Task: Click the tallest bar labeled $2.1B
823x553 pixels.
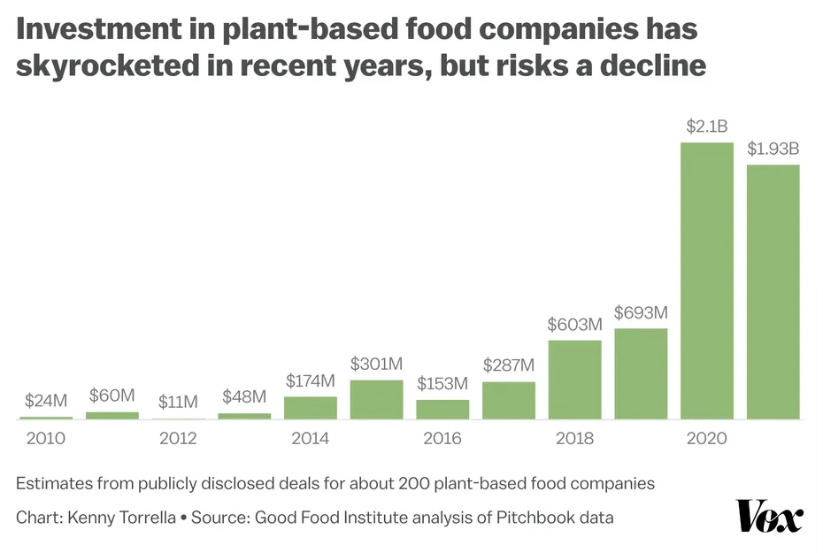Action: point(707,280)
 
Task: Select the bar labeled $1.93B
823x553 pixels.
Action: point(773,292)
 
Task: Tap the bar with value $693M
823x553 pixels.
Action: point(641,373)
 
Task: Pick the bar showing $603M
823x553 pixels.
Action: point(575,380)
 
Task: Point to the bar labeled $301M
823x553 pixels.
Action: point(376,399)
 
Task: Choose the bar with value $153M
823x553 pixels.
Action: point(442,409)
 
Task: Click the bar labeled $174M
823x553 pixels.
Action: point(311,408)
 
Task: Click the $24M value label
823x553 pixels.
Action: point(46,400)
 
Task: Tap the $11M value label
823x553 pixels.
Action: point(178,402)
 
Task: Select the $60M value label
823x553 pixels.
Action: point(112,395)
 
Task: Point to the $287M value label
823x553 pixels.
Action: point(509,365)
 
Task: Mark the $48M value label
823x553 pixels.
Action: point(244,396)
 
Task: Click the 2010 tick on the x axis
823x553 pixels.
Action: point(46,439)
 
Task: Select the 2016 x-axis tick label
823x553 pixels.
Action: point(442,439)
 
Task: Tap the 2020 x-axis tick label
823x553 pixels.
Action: point(707,439)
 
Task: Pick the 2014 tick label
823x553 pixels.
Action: point(311,439)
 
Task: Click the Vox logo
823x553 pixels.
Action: point(769,516)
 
